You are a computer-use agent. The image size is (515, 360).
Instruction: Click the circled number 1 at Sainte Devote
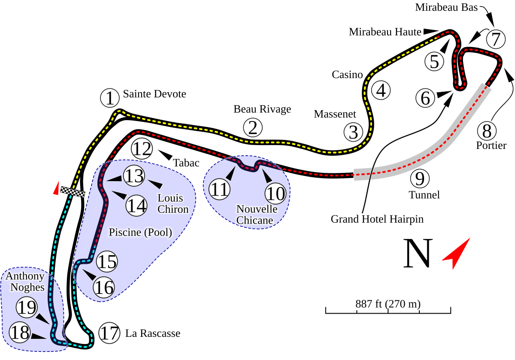(111, 98)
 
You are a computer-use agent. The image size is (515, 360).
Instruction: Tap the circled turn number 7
(496, 39)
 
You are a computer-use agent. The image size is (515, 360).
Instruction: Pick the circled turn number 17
(109, 333)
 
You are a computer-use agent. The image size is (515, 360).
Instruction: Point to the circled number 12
(142, 149)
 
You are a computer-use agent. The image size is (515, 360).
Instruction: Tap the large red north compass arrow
(457, 253)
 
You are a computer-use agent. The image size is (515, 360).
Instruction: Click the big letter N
(418, 254)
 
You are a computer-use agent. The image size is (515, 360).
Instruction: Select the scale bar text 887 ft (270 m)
(388, 304)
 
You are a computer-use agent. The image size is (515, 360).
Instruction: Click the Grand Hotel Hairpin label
(377, 219)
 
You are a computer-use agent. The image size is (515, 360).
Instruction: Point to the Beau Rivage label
(262, 109)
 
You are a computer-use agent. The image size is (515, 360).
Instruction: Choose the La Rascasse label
(152, 333)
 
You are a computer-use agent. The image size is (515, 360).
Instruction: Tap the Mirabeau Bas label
(446, 7)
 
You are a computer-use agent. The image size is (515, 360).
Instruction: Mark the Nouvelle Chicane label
(256, 215)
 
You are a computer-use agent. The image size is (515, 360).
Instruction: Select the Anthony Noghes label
(25, 281)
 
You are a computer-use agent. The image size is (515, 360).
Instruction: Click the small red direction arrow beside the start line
(55, 188)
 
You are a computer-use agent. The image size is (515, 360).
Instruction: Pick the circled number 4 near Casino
(381, 91)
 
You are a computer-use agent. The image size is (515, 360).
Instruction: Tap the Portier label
(491, 145)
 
